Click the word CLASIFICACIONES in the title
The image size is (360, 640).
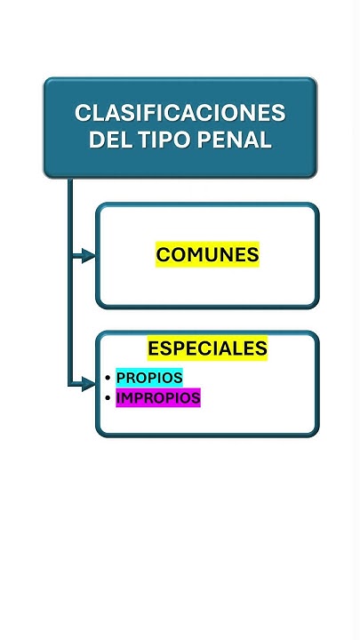coord(180,113)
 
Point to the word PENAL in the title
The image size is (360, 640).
coord(235,140)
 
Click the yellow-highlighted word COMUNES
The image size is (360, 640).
coord(207,255)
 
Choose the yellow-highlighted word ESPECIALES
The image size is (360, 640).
coord(207,348)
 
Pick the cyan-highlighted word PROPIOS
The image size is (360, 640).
coord(149,378)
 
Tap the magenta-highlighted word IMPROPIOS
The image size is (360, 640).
coord(158,398)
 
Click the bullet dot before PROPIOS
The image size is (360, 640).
coord(108,378)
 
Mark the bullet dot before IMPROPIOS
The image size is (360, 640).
coord(108,398)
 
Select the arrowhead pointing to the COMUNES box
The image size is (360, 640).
coord(89,256)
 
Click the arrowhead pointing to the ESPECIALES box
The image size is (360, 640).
coord(89,384)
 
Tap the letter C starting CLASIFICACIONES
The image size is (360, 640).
coord(83,113)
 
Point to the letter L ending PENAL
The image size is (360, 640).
coord(266,140)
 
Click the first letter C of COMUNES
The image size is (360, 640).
coord(164,255)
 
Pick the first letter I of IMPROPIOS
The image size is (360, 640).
coord(118,398)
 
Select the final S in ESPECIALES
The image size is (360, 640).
coord(260,348)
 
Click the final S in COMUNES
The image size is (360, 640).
coord(252,255)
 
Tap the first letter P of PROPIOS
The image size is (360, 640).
coord(121,378)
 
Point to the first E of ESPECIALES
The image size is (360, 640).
coord(154,348)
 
